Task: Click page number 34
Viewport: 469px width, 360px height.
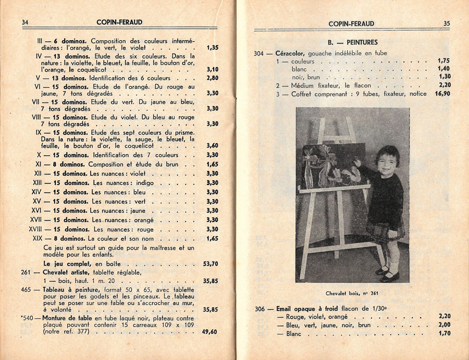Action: coord(25,22)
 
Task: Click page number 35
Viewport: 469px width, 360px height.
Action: coord(447,23)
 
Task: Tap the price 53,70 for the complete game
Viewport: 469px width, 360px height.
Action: coord(211,264)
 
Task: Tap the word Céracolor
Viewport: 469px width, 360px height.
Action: coord(291,53)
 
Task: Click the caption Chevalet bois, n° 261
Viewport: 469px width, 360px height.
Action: coord(352,293)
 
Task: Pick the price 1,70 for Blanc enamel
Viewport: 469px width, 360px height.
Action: coord(444,333)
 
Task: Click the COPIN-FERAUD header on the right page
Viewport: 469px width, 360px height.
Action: coord(352,24)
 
